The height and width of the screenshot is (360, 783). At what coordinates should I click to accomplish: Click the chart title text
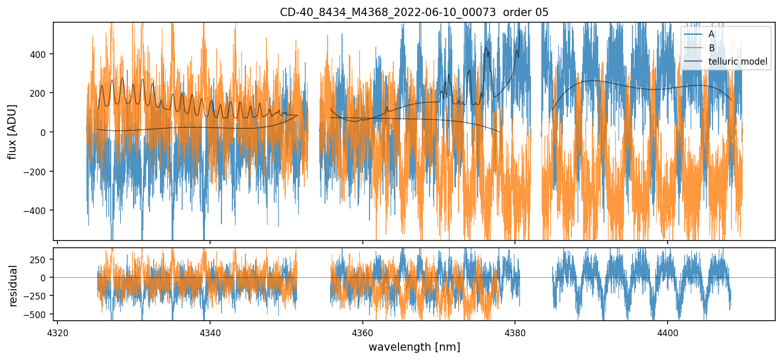click(414, 12)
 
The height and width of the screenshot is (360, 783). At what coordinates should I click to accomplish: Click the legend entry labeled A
click(711, 34)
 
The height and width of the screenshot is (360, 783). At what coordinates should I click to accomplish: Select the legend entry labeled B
click(711, 48)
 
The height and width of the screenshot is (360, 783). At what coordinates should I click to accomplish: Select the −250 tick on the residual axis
click(38, 296)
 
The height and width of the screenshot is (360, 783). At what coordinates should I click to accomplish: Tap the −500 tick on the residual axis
click(38, 314)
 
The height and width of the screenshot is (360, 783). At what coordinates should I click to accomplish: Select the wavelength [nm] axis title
click(414, 347)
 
